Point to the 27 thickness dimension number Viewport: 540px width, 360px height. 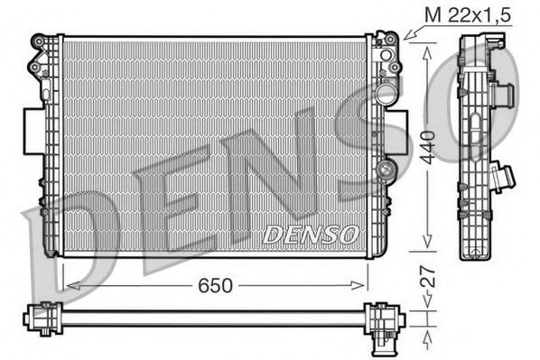click(437, 275)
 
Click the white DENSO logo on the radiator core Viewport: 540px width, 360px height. click(311, 234)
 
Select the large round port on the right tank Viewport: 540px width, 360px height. click(386, 93)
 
